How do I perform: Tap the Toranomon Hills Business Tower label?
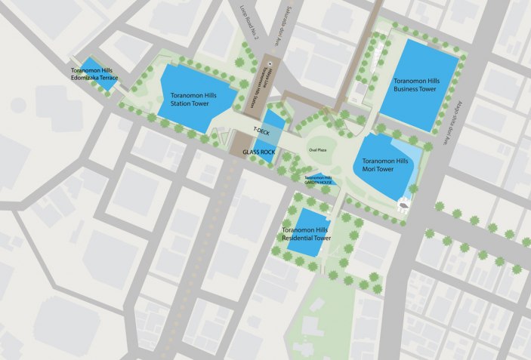coord(416,84)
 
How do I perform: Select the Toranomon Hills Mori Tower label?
coord(384,165)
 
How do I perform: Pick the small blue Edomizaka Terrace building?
coord(100,72)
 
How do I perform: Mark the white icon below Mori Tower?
coord(405,203)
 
